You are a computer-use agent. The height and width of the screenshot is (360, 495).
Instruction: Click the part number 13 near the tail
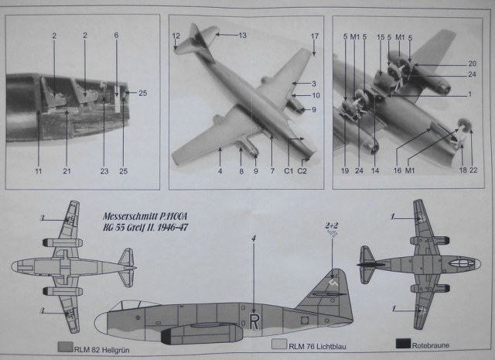[x=242, y=36]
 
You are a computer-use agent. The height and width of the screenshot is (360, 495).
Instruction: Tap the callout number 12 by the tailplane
[x=176, y=36]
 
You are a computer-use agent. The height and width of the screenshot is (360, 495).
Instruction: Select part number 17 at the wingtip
[x=315, y=36]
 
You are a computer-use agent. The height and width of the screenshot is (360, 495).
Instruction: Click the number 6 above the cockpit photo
[x=116, y=36]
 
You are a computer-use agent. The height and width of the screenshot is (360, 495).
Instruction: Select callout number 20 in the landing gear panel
[x=472, y=63]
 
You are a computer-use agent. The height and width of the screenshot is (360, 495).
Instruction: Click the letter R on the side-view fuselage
[x=254, y=318]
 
